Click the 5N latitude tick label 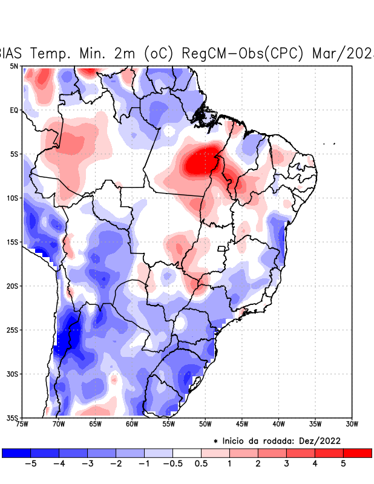(14, 66)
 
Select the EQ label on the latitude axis (14, 110)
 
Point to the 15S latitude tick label (13, 242)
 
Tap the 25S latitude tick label (13, 330)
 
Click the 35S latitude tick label (13, 417)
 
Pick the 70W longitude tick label (58, 423)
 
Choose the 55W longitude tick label (168, 423)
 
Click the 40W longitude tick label (278, 423)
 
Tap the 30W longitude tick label (352, 423)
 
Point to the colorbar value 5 (343, 463)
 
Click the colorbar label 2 (257, 463)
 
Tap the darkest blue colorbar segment (16, 453)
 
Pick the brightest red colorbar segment (357, 453)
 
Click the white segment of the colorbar (186, 453)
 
